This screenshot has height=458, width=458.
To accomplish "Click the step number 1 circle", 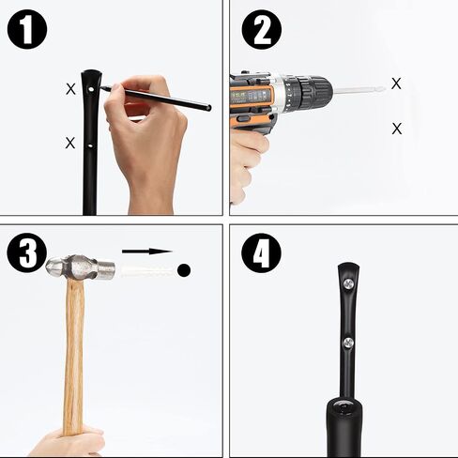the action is tap(27, 29).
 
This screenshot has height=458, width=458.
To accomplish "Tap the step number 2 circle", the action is tap(262, 30).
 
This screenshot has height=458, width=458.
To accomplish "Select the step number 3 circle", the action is tap(27, 252).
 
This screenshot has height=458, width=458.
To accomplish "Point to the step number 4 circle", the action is tap(261, 253).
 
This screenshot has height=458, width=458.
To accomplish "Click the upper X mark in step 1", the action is tap(71, 89).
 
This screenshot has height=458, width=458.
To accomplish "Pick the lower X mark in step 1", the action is tap(70, 143).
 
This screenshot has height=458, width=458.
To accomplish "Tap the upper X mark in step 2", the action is tap(396, 84).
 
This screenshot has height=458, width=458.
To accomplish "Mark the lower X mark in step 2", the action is tap(397, 129).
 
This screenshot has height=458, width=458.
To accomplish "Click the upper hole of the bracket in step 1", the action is tap(91, 89).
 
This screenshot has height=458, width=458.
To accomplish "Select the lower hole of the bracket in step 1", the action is tap(90, 145).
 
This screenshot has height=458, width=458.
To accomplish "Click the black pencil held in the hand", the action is tap(156, 98).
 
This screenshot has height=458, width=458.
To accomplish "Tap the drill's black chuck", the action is tap(312, 90).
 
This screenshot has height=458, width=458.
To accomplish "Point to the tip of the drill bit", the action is tap(384, 88).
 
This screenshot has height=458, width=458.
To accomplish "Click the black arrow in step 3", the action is tap(147, 251).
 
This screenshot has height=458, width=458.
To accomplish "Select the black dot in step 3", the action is tap(184, 270).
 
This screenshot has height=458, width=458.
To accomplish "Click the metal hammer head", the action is tap(81, 267).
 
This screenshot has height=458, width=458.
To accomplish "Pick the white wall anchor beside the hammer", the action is tap(147, 271).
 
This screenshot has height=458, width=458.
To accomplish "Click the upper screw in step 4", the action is tap(348, 284).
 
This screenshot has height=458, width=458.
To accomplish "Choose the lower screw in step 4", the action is tap(348, 343).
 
